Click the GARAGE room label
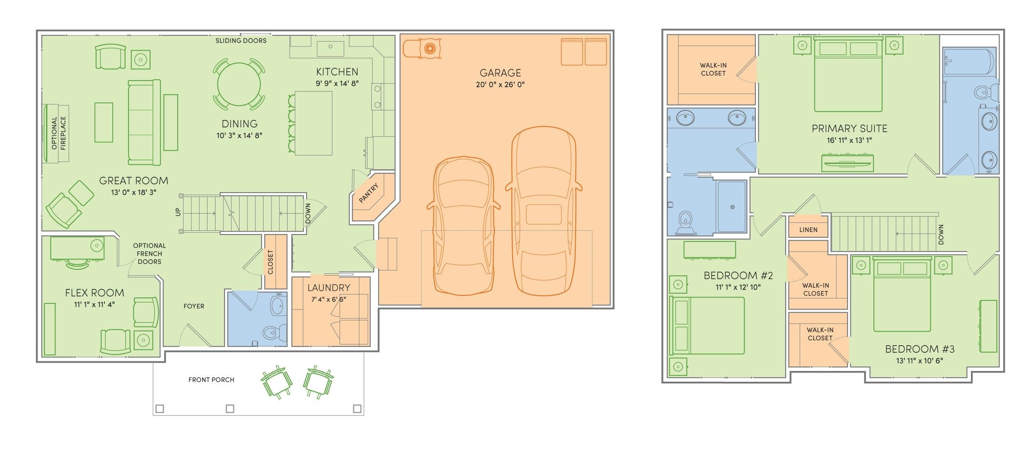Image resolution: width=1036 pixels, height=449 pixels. (500, 73)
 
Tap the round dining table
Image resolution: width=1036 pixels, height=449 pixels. (239, 84)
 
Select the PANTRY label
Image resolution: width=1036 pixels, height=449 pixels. (369, 193)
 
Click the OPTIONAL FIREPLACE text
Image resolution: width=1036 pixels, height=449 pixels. (58, 133)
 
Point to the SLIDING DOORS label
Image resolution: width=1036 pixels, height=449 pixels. (241, 41)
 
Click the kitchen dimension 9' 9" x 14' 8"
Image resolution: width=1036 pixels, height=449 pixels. (337, 83)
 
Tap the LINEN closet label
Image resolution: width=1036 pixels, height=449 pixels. (808, 229)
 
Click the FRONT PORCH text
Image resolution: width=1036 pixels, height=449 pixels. (211, 380)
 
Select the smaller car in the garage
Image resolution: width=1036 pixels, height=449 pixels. (463, 226)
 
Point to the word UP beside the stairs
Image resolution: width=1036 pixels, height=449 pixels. (178, 212)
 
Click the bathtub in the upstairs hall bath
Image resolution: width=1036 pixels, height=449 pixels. (968, 61)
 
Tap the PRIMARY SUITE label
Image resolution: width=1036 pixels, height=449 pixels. (850, 129)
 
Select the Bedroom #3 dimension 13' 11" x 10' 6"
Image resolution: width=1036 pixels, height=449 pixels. (920, 361)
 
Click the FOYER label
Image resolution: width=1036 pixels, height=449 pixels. (194, 306)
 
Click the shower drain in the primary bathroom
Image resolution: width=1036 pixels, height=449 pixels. (733, 207)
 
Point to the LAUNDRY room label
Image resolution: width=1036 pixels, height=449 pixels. (329, 288)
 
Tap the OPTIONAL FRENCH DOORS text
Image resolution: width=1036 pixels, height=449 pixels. (150, 254)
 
